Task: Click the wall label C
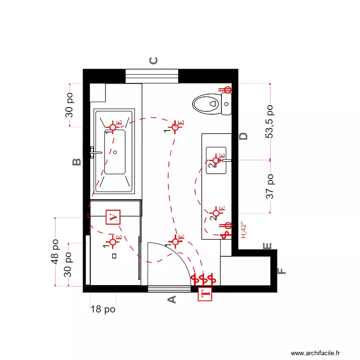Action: click(x=154, y=60)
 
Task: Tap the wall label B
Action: click(x=76, y=162)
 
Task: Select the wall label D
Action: click(x=244, y=136)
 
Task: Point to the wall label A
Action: click(x=171, y=300)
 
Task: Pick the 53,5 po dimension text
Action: click(x=270, y=122)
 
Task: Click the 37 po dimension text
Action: click(x=270, y=186)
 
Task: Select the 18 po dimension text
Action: click(x=103, y=310)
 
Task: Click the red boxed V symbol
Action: click(x=113, y=217)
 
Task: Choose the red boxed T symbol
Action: click(x=205, y=294)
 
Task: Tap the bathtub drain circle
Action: click(x=115, y=152)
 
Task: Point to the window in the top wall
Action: click(x=152, y=76)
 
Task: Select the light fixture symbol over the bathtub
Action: click(x=113, y=127)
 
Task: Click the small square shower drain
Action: click(x=114, y=256)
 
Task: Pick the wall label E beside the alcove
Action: click(x=268, y=246)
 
